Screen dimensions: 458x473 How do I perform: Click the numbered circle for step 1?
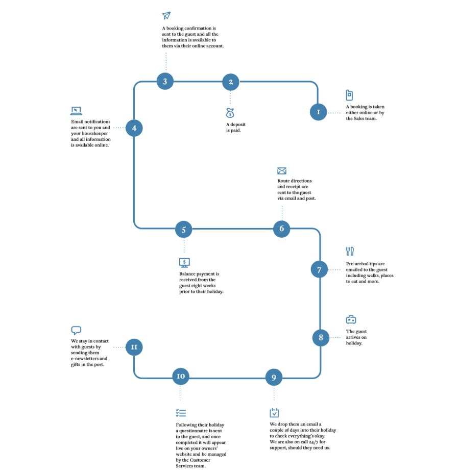click(318, 112)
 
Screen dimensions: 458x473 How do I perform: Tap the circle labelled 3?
click(165, 81)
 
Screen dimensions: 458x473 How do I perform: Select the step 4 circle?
click(134, 128)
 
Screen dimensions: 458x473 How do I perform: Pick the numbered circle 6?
click(282, 229)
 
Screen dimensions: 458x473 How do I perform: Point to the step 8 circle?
click(321, 338)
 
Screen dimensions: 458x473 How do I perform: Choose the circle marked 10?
click(181, 376)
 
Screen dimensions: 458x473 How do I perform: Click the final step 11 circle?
click(134, 347)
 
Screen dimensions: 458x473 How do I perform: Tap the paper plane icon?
click(166, 15)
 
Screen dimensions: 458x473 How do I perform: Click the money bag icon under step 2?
click(230, 113)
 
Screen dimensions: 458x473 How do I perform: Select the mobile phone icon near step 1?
click(349, 95)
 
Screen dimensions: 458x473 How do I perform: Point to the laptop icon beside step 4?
click(76, 111)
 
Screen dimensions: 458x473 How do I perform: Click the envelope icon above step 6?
click(282, 171)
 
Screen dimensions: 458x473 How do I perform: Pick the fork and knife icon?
click(350, 251)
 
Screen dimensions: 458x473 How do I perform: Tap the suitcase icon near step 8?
click(351, 319)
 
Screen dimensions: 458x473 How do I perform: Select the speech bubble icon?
click(76, 330)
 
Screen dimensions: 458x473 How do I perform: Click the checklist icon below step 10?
click(181, 413)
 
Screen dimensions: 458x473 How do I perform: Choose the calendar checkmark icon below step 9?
click(274, 413)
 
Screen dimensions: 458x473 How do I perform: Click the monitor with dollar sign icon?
click(184, 263)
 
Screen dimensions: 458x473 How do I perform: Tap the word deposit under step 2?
click(238, 125)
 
